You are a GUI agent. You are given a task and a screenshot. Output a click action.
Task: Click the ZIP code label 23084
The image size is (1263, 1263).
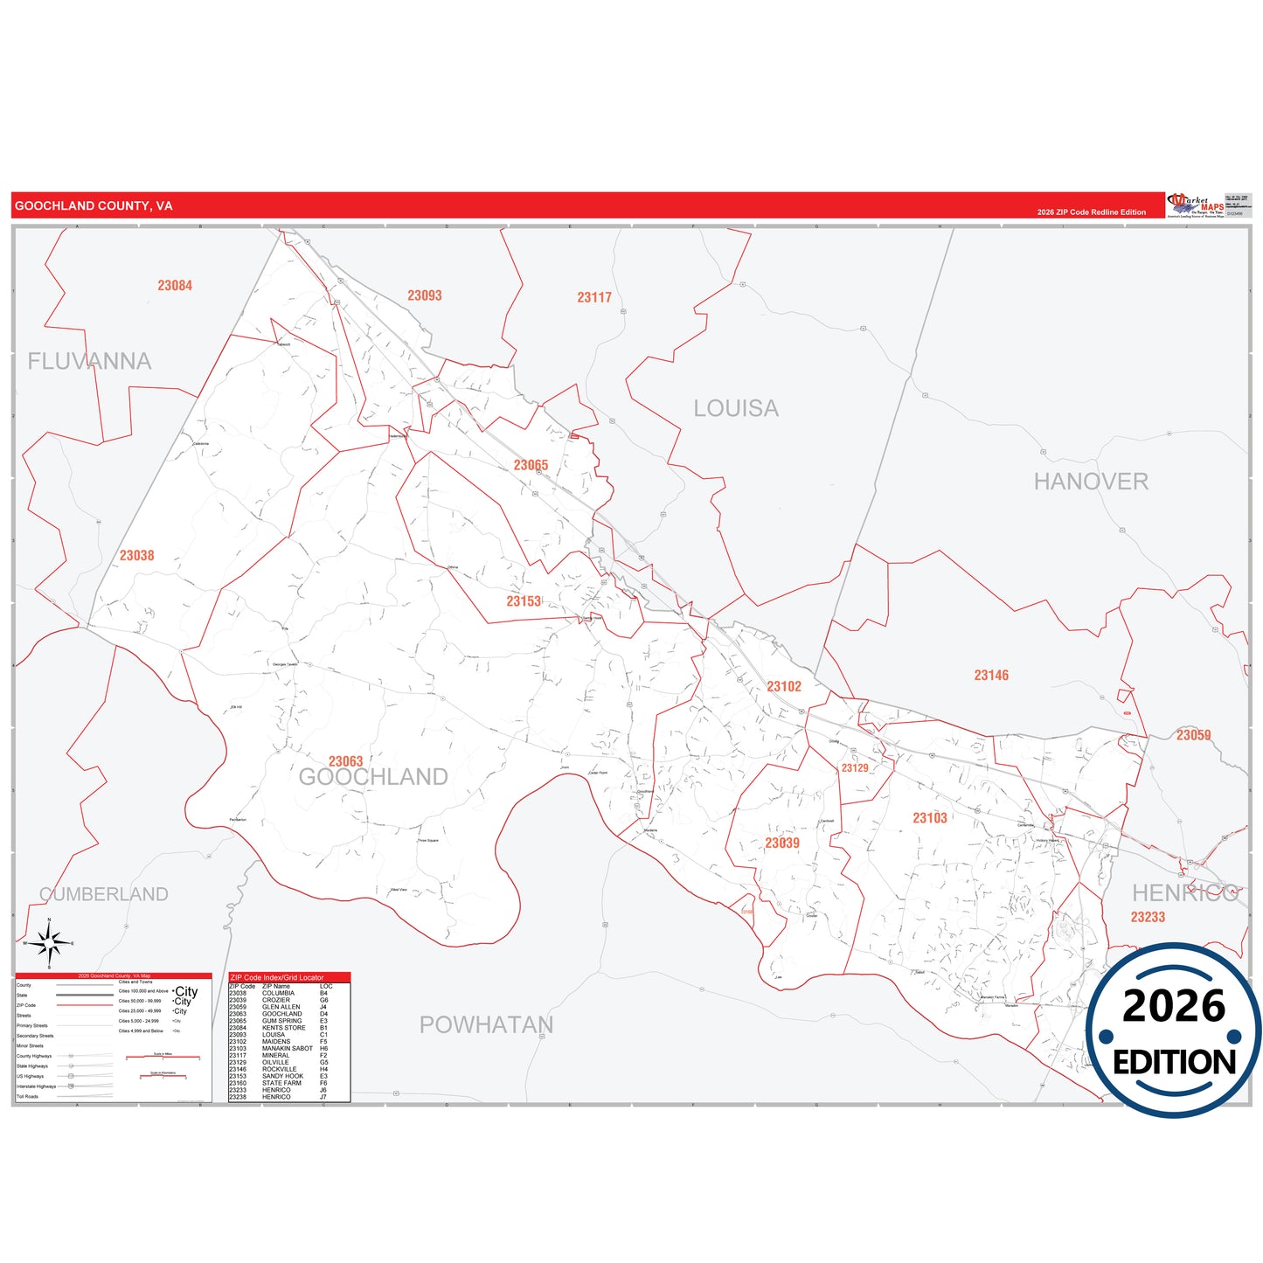pyautogui.click(x=175, y=286)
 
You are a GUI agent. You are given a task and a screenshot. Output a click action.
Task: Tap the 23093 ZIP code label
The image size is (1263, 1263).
pyautogui.click(x=425, y=295)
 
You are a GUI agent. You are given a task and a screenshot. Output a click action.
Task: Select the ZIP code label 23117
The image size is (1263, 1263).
pyautogui.click(x=594, y=297)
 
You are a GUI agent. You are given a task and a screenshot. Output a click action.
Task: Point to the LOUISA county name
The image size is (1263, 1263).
pyautogui.click(x=736, y=408)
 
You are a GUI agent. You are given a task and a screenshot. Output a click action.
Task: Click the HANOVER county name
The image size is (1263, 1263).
pyautogui.click(x=1091, y=482)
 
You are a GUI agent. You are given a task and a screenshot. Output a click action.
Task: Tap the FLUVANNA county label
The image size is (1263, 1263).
pyautogui.click(x=89, y=361)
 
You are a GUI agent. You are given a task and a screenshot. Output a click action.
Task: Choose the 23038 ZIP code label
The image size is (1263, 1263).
pyautogui.click(x=137, y=556)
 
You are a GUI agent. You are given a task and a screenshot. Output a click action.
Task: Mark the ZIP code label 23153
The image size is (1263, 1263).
pyautogui.click(x=524, y=601)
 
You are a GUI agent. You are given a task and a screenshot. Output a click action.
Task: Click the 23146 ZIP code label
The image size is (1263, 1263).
pyautogui.click(x=991, y=676)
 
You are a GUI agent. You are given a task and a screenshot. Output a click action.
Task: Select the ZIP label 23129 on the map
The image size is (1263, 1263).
pyautogui.click(x=855, y=768)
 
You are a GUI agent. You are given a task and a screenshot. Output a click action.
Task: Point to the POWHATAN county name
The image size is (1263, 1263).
pyautogui.click(x=486, y=1024)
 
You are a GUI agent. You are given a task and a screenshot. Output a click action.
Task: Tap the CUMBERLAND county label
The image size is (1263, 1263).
pyautogui.click(x=104, y=894)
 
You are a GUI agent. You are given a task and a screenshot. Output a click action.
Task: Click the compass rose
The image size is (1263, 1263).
pyautogui.click(x=49, y=943)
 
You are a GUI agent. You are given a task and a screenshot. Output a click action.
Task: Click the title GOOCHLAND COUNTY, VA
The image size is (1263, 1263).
pyautogui.click(x=94, y=206)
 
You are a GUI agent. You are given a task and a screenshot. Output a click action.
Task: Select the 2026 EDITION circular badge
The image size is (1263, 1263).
pyautogui.click(x=1173, y=1030)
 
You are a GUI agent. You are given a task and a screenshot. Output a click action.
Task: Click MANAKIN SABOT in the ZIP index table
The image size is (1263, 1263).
pyautogui.click(x=287, y=1049)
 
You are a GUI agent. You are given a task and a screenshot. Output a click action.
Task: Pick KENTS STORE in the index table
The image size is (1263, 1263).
pyautogui.click(x=283, y=1028)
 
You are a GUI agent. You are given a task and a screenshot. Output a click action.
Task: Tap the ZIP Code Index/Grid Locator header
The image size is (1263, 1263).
pyautogui.click(x=277, y=977)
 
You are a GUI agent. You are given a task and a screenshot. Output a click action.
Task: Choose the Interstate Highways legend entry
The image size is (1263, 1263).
pyautogui.click(x=36, y=1086)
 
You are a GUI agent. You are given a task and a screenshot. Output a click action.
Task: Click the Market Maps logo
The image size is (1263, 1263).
pyautogui.click(x=1195, y=205)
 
